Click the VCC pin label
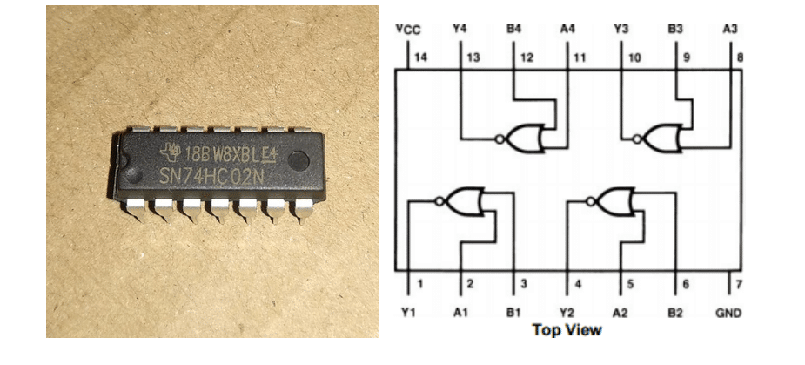[x=408, y=30]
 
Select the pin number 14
[x=420, y=57]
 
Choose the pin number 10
[x=635, y=57]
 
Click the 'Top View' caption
[x=567, y=331]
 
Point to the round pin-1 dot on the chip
[x=299, y=160]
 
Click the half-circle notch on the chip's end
[x=119, y=166]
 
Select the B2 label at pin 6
[x=675, y=312]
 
